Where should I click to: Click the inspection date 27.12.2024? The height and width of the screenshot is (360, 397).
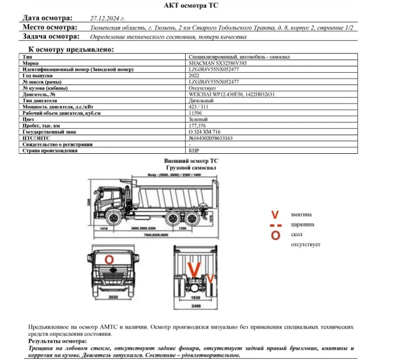[107, 19]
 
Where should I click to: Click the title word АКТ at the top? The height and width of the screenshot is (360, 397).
[173, 5]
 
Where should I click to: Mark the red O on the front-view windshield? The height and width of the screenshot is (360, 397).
[109, 260]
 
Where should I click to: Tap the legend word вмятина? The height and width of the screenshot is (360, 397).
[302, 214]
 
